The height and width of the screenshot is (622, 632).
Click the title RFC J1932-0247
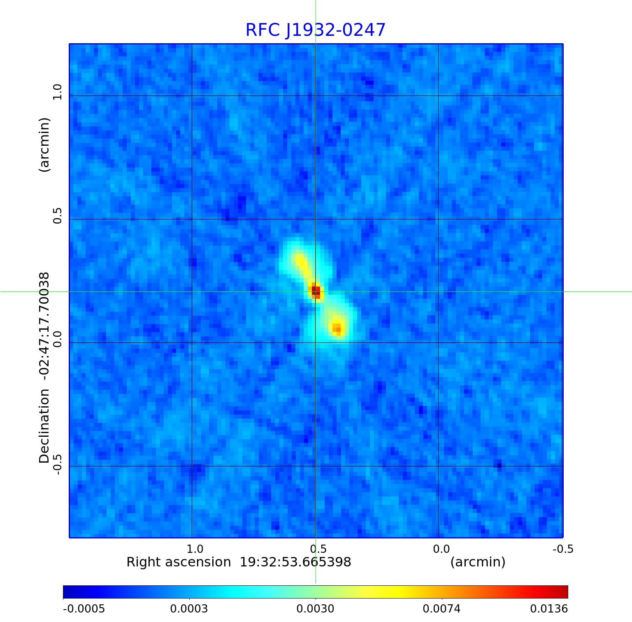pyautogui.click(x=316, y=30)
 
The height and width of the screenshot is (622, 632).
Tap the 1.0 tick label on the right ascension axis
pyautogui.click(x=195, y=549)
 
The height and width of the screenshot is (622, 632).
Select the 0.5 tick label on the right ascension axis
pyautogui.click(x=318, y=549)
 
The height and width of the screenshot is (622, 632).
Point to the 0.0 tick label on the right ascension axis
pyautogui.click(x=441, y=549)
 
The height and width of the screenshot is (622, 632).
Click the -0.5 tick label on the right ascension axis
pyautogui.click(x=562, y=549)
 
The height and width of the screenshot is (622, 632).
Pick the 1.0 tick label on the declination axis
pyautogui.click(x=57, y=92)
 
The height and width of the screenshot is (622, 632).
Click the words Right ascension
pyautogui.click(x=179, y=562)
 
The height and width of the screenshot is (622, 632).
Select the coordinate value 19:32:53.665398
pyautogui.click(x=295, y=562)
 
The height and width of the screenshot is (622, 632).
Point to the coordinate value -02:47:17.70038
pyautogui.click(x=44, y=326)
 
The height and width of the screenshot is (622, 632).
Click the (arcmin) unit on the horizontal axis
pyautogui.click(x=478, y=562)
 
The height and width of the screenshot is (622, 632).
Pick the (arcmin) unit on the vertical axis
pyautogui.click(x=44, y=144)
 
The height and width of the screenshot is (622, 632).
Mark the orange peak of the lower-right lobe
pyautogui.click(x=337, y=328)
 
